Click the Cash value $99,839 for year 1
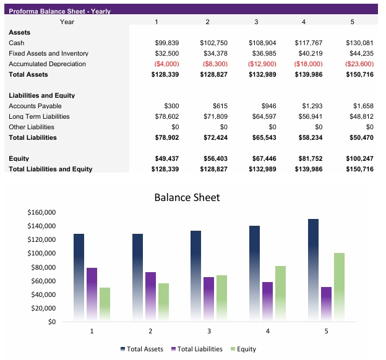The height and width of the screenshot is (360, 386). click(166, 43)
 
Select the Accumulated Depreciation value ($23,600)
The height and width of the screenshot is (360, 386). click(359, 64)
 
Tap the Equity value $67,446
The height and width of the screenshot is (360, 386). click(263, 158)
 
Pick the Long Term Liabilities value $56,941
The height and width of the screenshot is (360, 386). click(310, 116)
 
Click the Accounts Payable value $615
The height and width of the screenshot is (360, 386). click(220, 106)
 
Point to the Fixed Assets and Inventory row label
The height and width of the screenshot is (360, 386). click(48, 54)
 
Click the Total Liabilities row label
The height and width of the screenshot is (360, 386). click(33, 137)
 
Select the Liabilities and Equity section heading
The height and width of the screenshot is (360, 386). click(41, 96)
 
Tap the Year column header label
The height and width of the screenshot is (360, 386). click(67, 22)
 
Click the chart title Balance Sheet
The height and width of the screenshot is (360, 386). click(186, 198)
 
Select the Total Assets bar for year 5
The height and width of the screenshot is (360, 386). click(313, 269)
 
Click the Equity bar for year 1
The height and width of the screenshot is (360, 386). click(105, 303)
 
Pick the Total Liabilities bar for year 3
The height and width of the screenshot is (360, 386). click(208, 298)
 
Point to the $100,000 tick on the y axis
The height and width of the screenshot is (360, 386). click(41, 254)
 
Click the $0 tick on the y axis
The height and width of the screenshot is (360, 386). click(51, 322)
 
